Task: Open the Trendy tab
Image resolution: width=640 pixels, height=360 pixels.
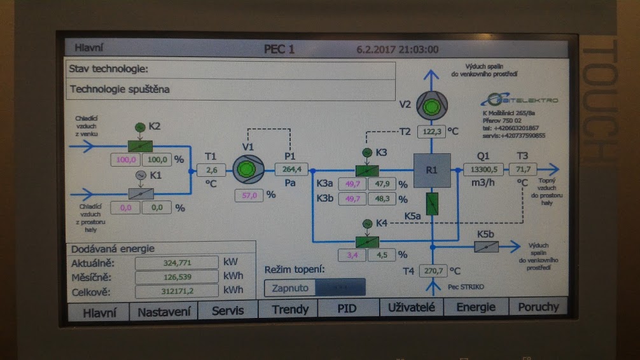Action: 290,309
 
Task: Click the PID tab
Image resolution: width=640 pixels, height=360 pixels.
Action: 347,308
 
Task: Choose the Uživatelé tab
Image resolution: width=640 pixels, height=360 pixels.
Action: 411,307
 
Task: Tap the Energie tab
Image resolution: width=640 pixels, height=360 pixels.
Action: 476,307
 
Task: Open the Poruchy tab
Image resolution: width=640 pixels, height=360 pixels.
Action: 538,307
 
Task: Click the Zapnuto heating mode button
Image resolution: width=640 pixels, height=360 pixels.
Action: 290,287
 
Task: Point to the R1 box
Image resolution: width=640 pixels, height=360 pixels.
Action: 432,170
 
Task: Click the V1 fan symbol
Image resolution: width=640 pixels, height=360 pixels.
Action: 243,170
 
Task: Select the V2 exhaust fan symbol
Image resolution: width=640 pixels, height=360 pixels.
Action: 432,105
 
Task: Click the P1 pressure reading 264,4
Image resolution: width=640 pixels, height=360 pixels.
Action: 291,169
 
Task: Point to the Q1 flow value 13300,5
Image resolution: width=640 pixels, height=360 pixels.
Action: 483,169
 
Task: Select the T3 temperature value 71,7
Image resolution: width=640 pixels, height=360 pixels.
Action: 525,169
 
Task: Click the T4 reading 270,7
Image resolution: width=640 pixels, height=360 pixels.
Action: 433,270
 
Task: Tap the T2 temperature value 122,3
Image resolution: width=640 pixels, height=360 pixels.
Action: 432,132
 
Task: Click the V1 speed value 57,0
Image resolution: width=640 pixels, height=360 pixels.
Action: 249,195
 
